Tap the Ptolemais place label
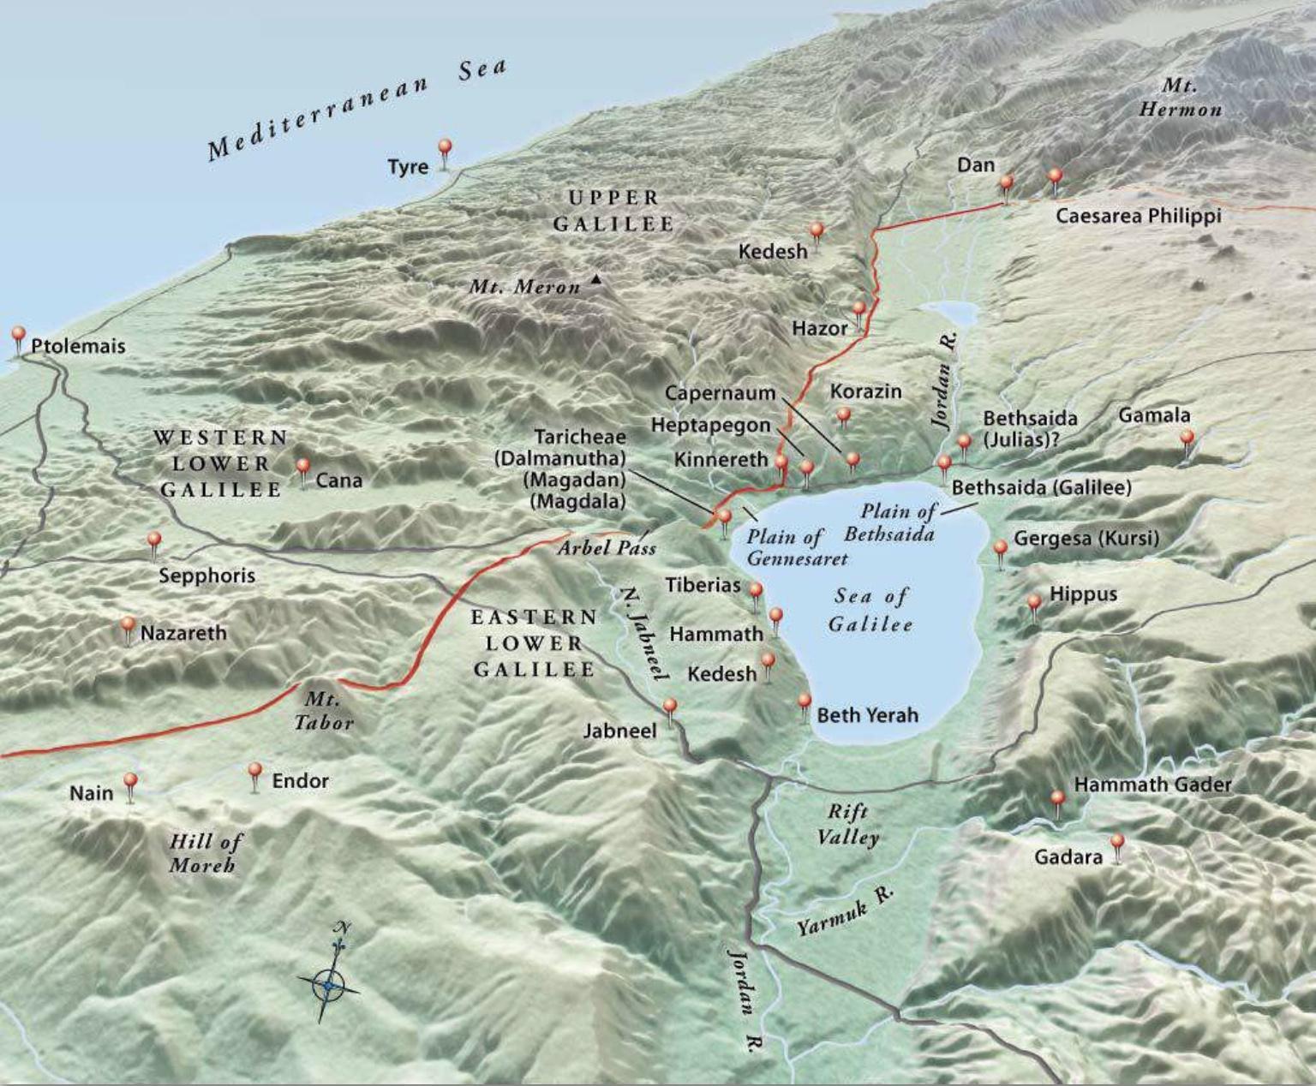[x=78, y=346]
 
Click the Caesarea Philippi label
[x=1138, y=216]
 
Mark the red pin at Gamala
[x=1187, y=439]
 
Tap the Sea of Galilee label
[x=870, y=610]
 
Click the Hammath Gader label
[x=1152, y=785]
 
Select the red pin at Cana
[x=302, y=467]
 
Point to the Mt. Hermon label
[x=1180, y=98]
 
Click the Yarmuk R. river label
[x=846, y=911]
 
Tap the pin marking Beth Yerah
[x=804, y=701]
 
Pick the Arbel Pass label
[x=607, y=547]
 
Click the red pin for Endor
[x=254, y=771]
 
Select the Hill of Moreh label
[x=204, y=853]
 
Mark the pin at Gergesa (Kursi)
[x=1000, y=547]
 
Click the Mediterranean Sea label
[x=357, y=110]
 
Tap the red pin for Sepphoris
[x=154, y=540]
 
